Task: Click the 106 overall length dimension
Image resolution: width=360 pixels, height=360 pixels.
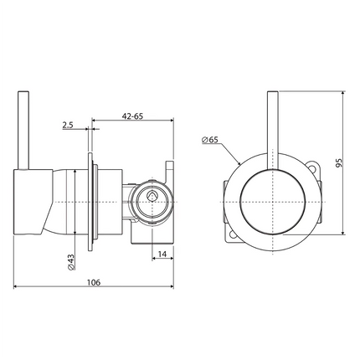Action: click(93, 283)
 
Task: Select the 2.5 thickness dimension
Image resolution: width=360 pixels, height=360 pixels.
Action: click(67, 126)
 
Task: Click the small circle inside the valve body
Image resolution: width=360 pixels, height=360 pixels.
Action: click(152, 197)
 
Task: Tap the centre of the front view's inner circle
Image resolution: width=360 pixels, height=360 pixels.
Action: click(271, 200)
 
